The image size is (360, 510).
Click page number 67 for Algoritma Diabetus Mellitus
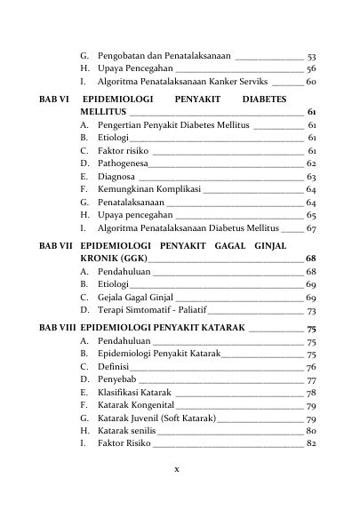click(x=311, y=227)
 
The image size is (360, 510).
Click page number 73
click(x=311, y=311)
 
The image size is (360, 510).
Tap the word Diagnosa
click(x=116, y=176)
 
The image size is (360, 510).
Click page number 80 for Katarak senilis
click(x=311, y=431)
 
